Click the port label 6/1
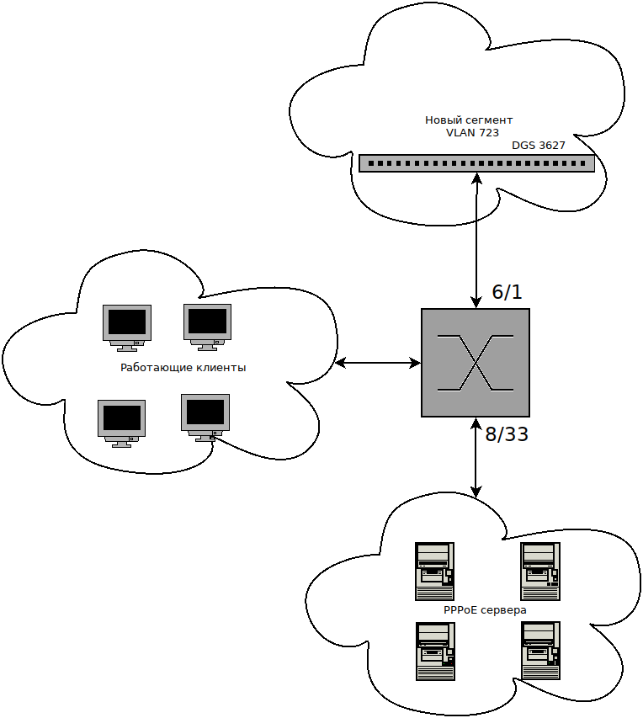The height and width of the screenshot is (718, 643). [507, 292]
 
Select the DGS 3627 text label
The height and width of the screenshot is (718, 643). [538, 146]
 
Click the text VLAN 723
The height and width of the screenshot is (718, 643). [472, 132]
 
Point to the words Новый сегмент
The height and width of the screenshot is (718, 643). [469, 120]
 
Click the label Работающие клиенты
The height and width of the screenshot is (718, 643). [183, 368]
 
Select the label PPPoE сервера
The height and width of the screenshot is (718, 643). [485, 609]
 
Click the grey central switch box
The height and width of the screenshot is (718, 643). [476, 363]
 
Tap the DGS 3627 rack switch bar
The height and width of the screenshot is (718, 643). [476, 163]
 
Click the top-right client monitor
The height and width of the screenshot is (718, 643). [207, 325]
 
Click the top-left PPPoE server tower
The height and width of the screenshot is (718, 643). [434, 569]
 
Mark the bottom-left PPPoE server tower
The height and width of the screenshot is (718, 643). [434, 651]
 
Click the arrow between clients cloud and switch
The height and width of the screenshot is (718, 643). [378, 364]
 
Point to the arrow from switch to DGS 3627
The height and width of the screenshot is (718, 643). [477, 240]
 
